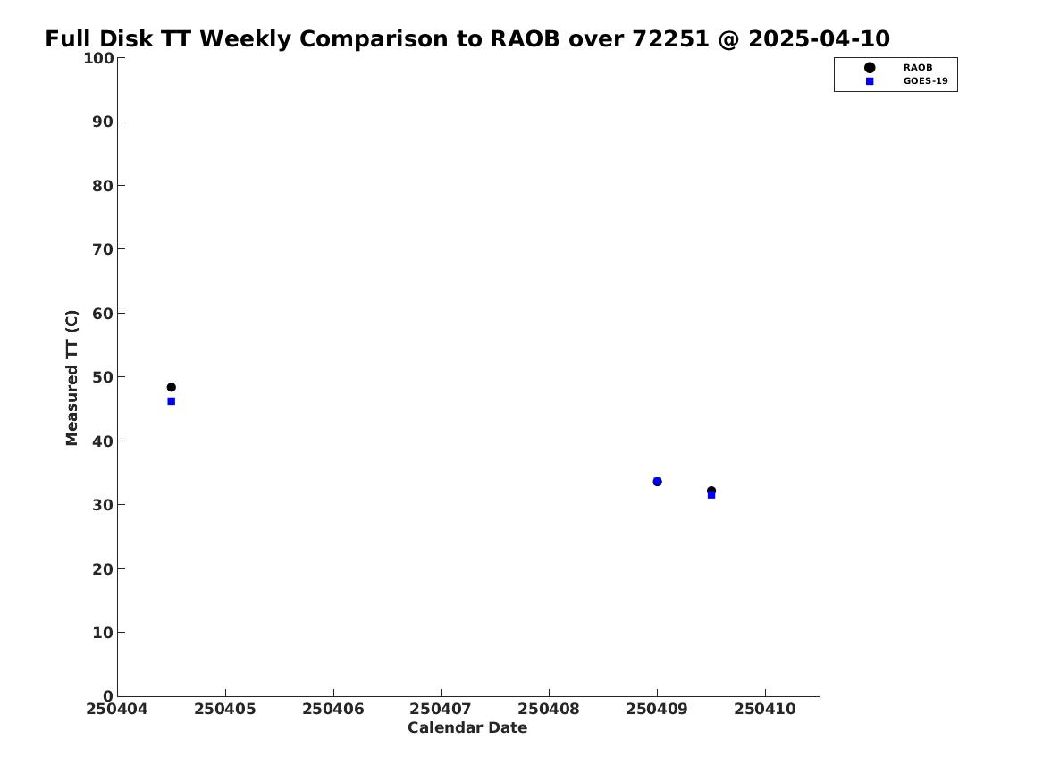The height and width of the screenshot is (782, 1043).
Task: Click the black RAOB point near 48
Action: click(x=171, y=387)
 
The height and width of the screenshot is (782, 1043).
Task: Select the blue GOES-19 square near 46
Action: click(x=171, y=401)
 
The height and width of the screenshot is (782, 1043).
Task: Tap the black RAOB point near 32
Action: click(x=711, y=490)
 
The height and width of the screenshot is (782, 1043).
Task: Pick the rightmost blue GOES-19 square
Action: click(x=711, y=495)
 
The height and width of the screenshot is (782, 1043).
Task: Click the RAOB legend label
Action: click(x=917, y=67)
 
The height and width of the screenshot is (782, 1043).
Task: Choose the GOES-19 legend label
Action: click(x=925, y=81)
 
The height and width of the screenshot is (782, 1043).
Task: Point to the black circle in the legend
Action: click(x=870, y=67)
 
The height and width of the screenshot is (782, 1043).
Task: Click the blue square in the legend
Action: click(x=870, y=81)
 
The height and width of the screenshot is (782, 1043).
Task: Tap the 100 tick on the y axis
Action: click(x=97, y=58)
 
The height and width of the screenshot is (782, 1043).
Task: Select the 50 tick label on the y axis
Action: click(x=103, y=377)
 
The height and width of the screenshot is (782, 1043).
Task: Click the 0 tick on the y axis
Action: click(x=108, y=695)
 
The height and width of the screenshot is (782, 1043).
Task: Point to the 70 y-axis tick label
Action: click(x=103, y=249)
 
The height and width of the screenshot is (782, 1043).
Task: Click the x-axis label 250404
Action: click(x=116, y=710)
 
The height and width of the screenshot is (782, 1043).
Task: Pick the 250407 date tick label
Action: click(x=441, y=710)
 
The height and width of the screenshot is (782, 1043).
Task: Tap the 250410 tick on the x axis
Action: click(x=765, y=710)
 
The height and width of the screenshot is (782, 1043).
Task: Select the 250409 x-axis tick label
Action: click(x=657, y=710)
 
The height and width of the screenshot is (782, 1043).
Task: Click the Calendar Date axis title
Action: click(x=467, y=728)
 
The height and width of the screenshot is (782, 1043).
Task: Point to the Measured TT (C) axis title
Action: click(x=71, y=378)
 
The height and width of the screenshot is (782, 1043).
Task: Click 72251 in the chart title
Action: click(x=670, y=39)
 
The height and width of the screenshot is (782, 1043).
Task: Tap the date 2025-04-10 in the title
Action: click(x=819, y=39)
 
